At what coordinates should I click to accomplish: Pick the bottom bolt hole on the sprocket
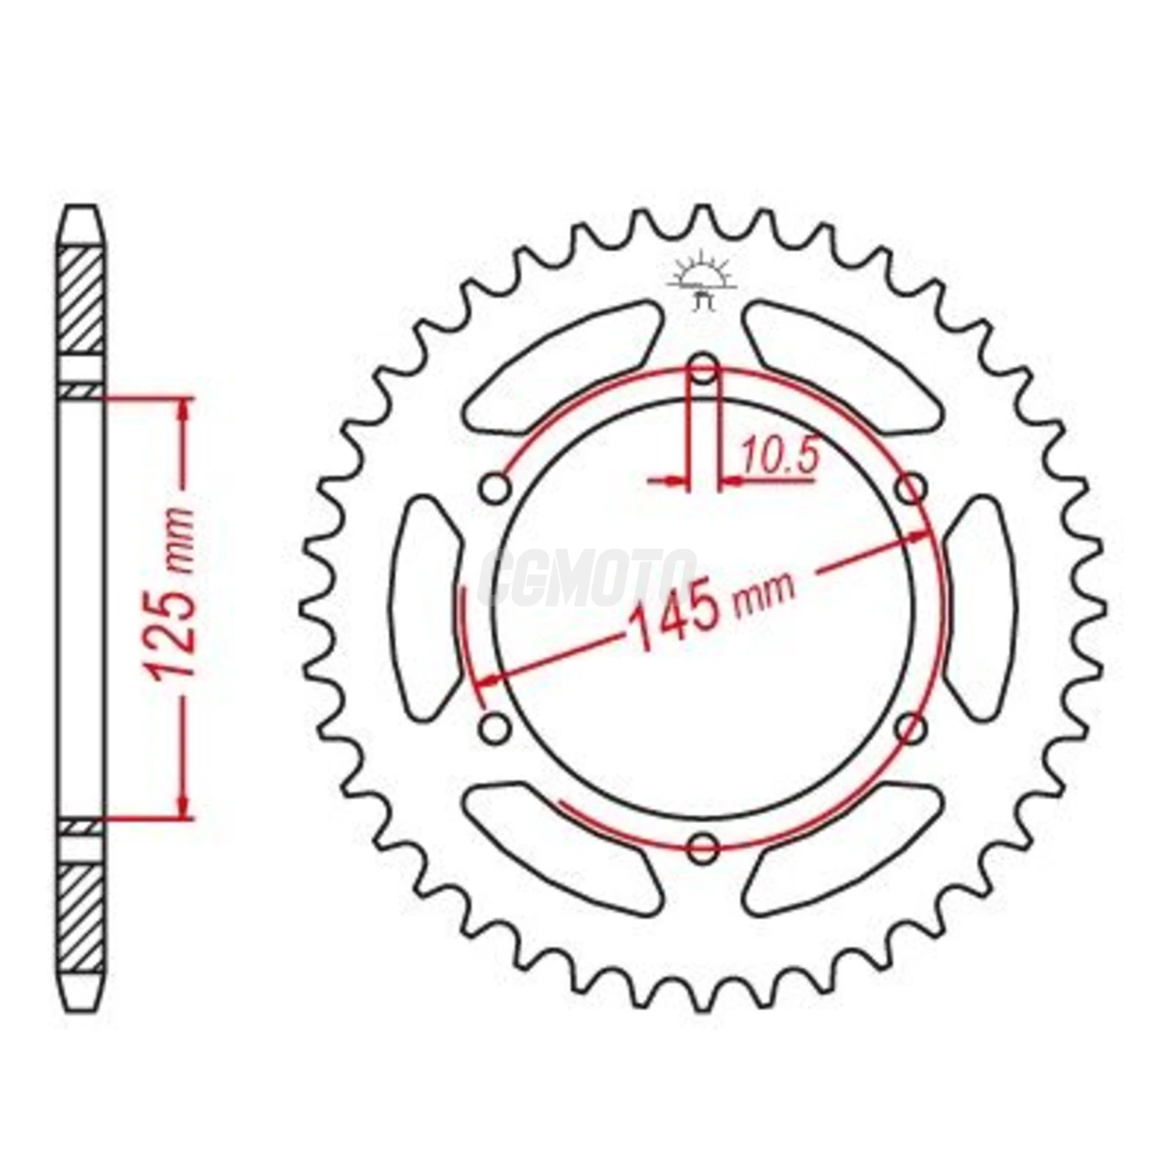[703, 848]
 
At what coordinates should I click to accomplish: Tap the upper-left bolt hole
[496, 488]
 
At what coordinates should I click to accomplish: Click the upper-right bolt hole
[911, 488]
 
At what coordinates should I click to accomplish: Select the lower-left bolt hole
[496, 728]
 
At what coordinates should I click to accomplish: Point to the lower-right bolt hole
[911, 728]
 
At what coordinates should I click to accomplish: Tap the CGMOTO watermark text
[585, 577]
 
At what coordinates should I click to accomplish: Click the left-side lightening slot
[425, 607]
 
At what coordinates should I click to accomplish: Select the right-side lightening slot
[980, 607]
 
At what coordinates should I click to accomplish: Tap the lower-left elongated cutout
[562, 846]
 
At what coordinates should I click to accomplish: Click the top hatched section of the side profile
[84, 301]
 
